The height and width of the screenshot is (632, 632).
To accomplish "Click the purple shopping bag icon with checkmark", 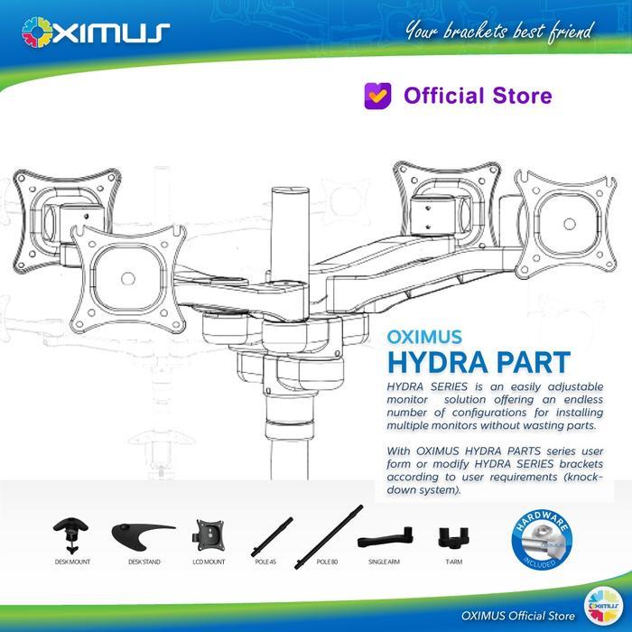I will click(377, 95).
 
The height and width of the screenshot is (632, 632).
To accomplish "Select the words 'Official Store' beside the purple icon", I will click(478, 95).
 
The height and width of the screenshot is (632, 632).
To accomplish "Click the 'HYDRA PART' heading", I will click(478, 362).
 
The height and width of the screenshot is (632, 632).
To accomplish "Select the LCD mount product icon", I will click(209, 536).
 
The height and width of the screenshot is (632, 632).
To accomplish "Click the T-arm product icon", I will click(449, 538).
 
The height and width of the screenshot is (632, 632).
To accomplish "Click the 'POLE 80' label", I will click(327, 562).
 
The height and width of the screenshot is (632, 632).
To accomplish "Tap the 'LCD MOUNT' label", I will click(209, 562).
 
